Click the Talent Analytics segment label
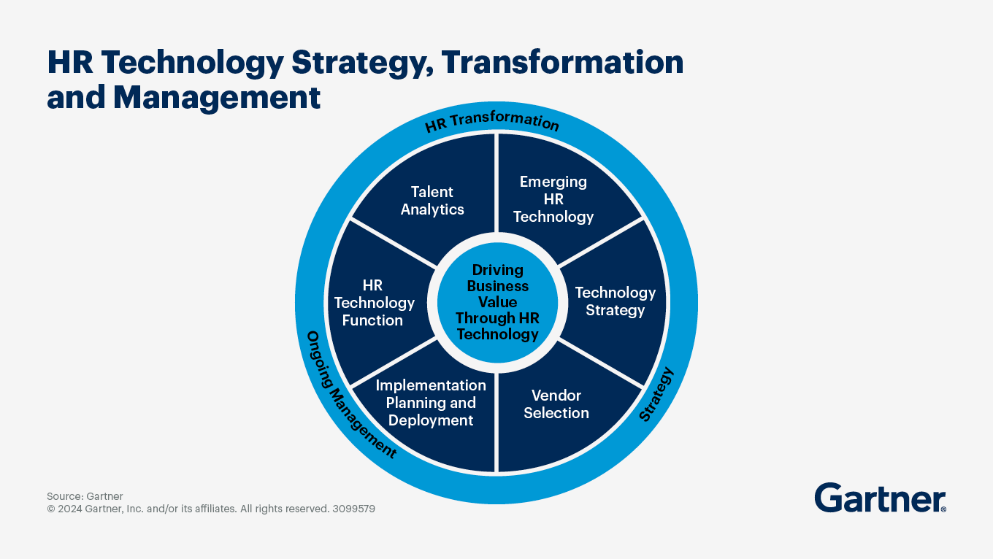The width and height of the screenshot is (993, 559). [432, 201]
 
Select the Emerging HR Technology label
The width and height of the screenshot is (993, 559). [553, 199]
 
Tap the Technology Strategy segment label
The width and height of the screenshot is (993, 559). [615, 301]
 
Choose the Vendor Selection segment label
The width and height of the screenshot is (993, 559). [556, 404]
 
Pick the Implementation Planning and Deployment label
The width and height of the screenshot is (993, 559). [431, 403]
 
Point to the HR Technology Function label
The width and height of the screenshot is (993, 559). [373, 303]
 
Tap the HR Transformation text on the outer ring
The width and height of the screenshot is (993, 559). [491, 122]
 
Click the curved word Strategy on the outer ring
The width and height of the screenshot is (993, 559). [656, 395]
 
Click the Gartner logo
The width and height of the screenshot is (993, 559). [879, 498]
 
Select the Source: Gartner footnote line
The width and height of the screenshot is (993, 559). [85, 496]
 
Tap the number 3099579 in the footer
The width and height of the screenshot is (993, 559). [353, 509]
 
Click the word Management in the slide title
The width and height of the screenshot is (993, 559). [217, 97]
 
